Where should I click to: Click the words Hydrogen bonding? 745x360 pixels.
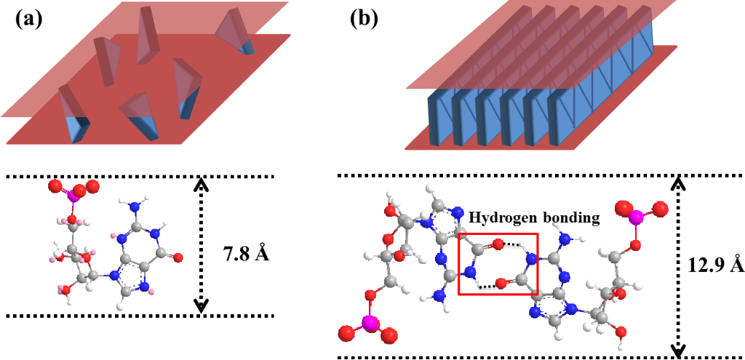[533, 217]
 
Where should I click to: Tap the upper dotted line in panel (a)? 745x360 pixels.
[138, 176]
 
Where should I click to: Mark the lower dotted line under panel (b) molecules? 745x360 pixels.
[538, 357]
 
